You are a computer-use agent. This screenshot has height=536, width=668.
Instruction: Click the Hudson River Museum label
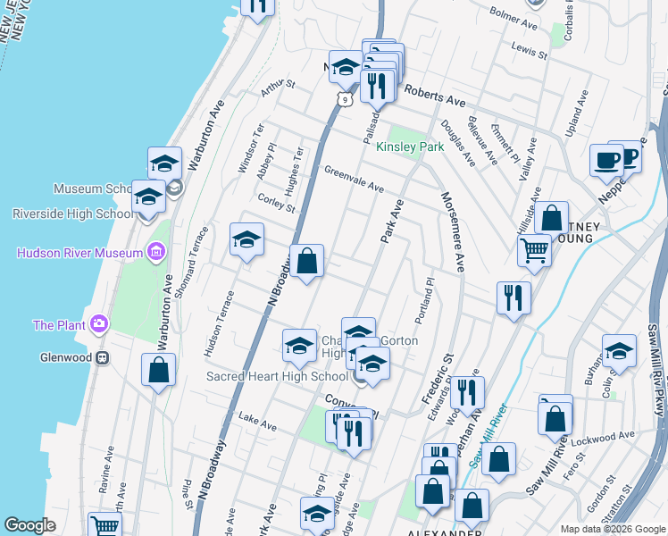[80, 253]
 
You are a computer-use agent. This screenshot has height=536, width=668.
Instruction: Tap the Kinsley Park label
[410, 147]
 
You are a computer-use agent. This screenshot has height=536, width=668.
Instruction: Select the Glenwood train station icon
[104, 357]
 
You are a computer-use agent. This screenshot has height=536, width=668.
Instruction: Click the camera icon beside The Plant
[99, 323]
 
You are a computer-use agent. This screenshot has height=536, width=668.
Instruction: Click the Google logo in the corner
[29, 525]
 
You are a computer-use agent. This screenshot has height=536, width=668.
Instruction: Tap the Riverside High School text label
[73, 214]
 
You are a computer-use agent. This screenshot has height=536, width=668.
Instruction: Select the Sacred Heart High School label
[277, 376]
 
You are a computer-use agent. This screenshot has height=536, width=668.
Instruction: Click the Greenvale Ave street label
[354, 180]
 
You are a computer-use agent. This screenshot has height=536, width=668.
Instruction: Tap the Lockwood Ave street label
[604, 438]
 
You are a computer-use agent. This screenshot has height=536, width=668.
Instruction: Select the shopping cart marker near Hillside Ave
[534, 250]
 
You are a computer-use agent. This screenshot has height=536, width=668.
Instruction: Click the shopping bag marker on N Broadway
[306, 263]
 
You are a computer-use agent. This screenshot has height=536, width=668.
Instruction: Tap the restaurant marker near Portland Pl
[514, 298]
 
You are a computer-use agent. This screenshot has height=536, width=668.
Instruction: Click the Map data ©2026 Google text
[612, 528]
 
